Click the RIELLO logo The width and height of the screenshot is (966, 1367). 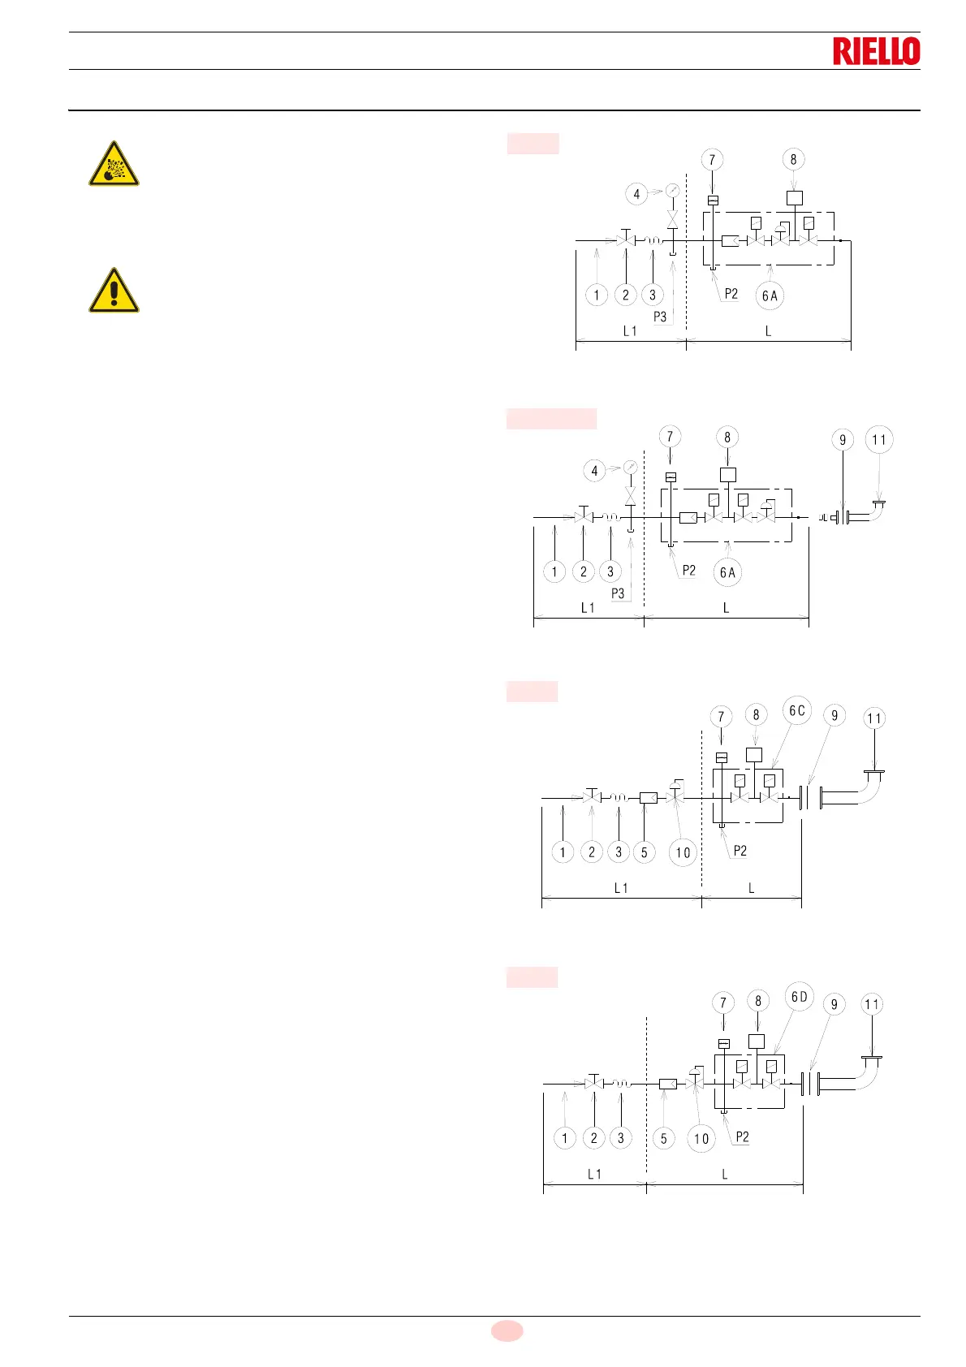click(x=876, y=51)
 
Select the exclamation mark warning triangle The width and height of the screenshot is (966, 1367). click(x=114, y=291)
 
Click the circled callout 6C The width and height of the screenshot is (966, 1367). click(x=797, y=710)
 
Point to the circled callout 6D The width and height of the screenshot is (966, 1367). click(x=800, y=996)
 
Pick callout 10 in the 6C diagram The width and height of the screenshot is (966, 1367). click(x=683, y=852)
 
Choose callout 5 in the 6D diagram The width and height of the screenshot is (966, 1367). click(x=663, y=1138)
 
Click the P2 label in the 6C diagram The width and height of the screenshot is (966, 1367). click(x=740, y=851)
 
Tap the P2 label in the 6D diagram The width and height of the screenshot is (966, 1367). click(x=742, y=1136)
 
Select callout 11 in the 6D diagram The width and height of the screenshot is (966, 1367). click(x=871, y=1004)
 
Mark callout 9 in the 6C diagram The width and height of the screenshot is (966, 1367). click(x=834, y=716)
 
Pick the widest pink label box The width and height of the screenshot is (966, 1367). click(x=551, y=419)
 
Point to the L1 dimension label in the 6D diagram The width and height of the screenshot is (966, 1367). click(x=594, y=1174)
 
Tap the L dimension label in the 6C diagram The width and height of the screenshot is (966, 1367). click(x=751, y=888)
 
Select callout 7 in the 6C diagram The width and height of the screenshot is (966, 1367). click(x=720, y=717)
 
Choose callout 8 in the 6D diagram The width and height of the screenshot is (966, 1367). click(x=758, y=1001)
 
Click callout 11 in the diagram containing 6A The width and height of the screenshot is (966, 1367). click(x=879, y=440)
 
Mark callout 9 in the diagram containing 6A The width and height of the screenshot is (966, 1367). click(x=843, y=440)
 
